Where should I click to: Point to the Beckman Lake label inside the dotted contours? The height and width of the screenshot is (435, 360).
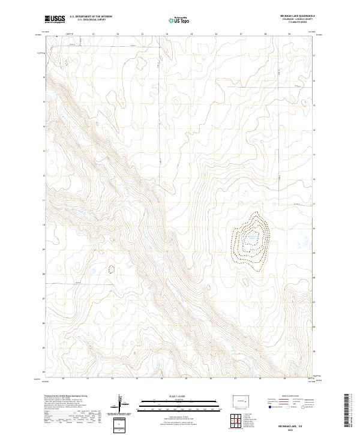pyautogui.click(x=253, y=239)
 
